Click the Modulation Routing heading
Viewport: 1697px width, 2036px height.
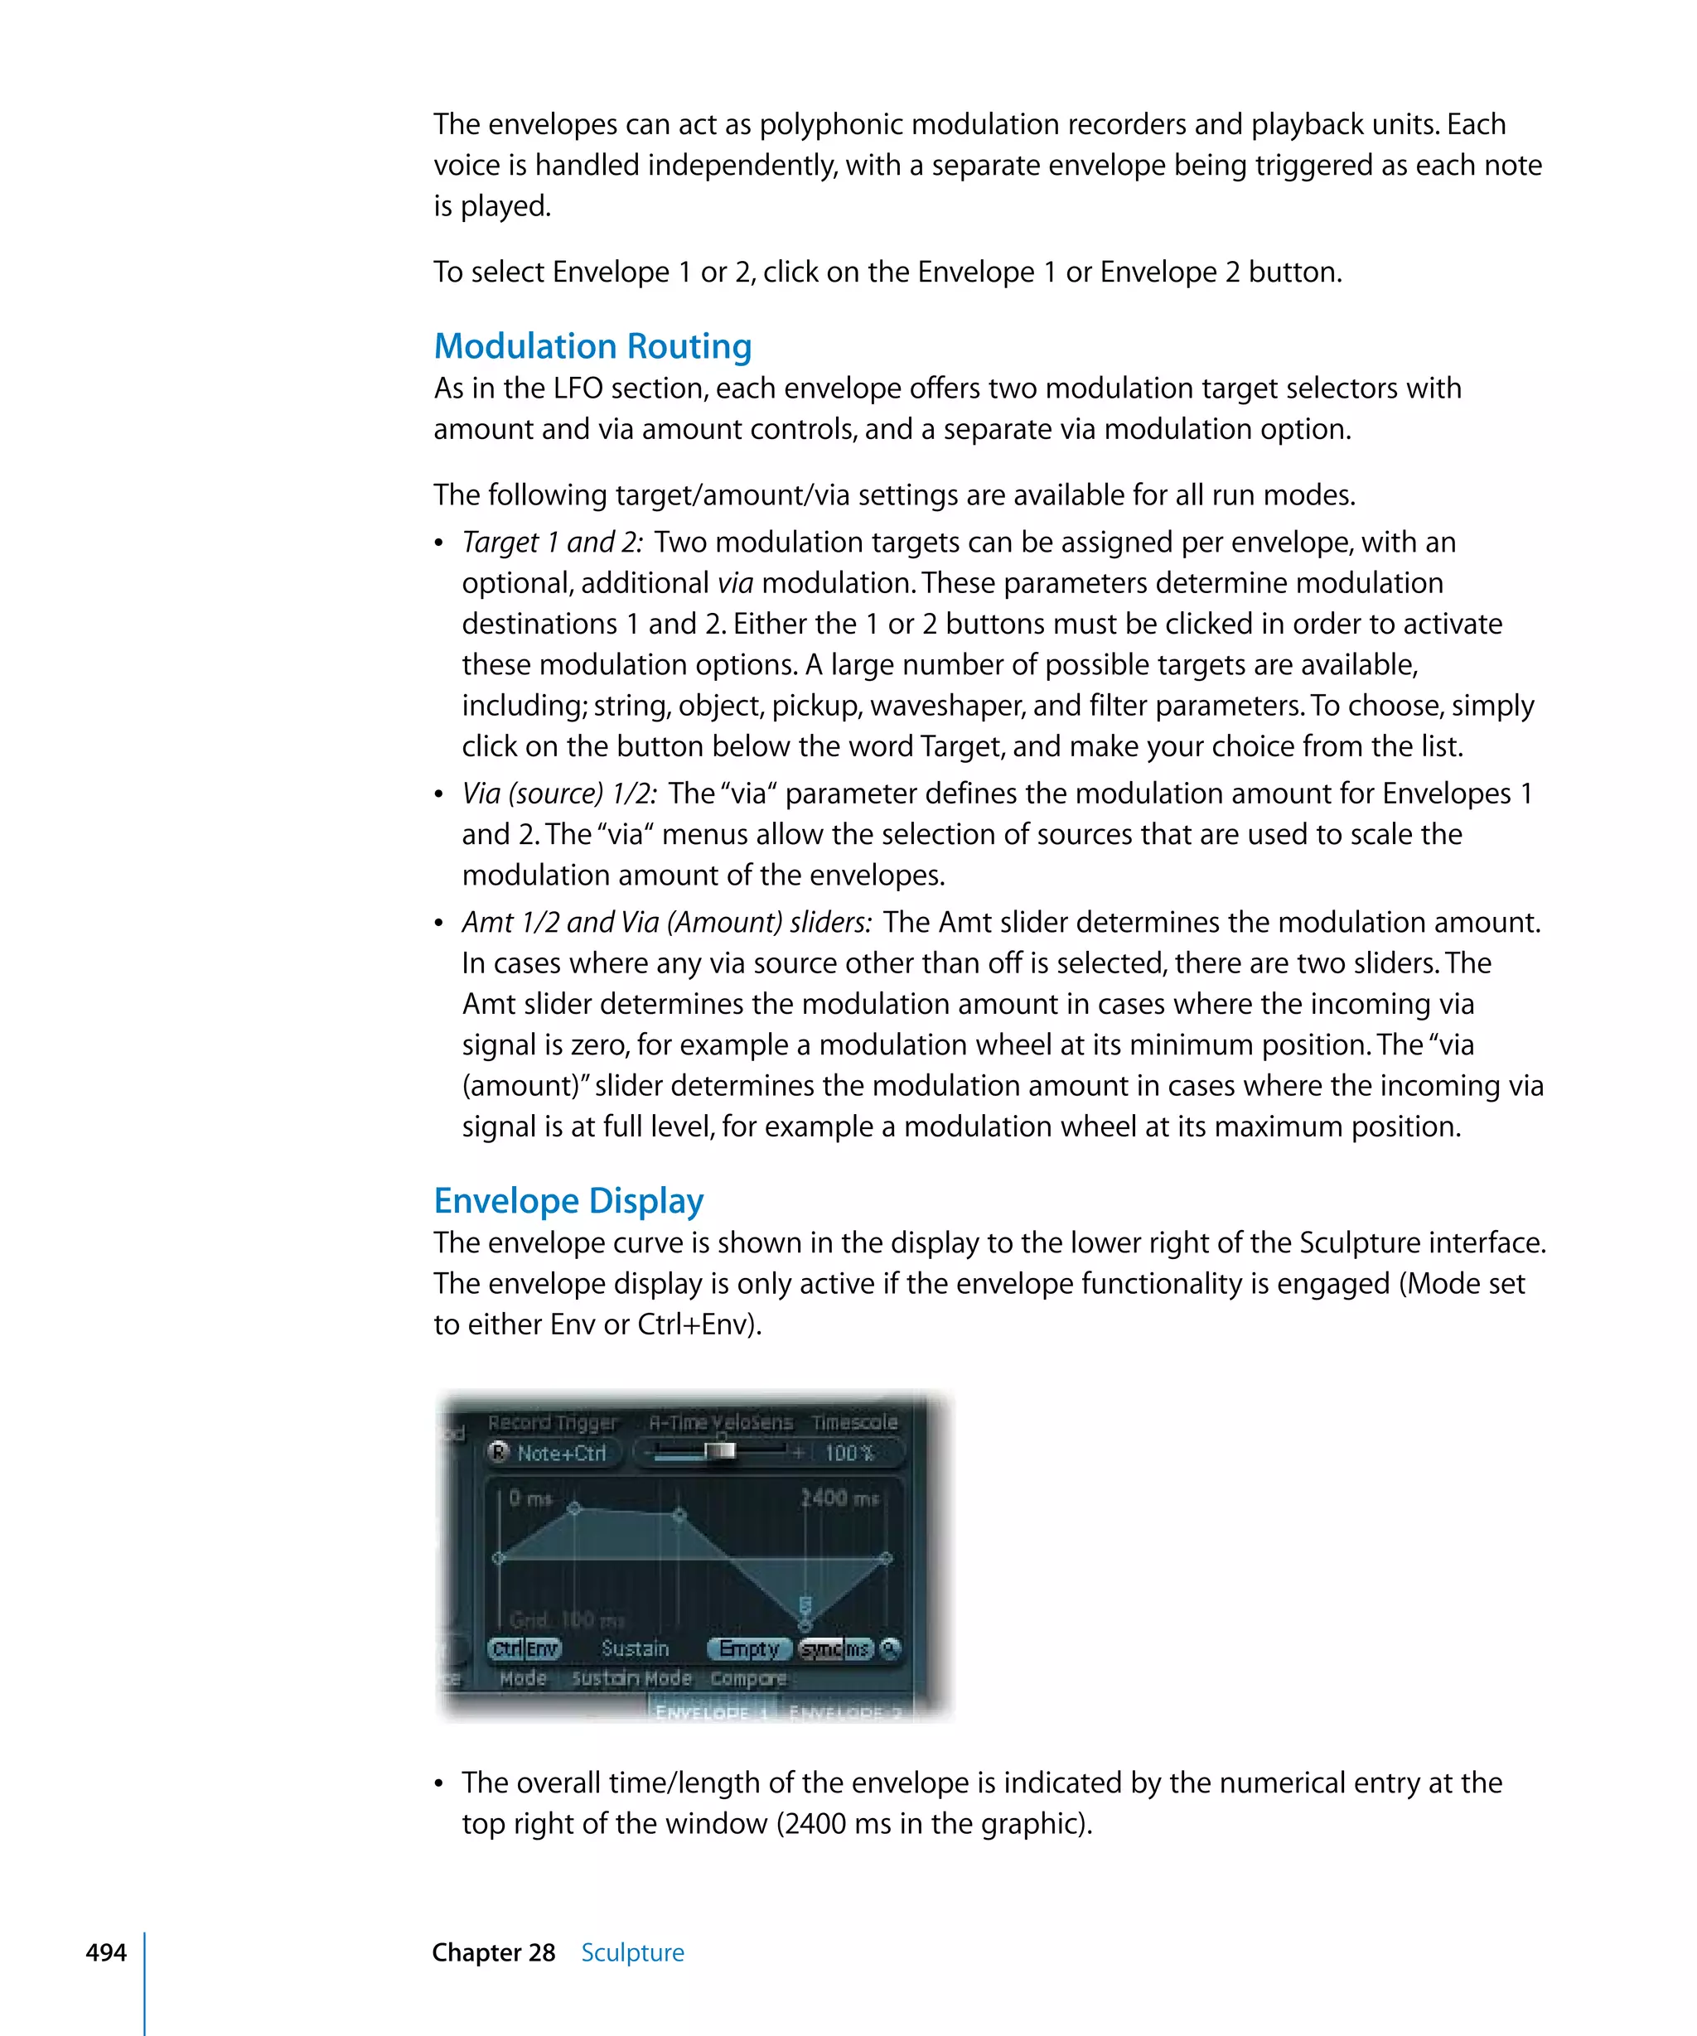pyautogui.click(x=592, y=346)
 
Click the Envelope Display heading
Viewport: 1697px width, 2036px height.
pyautogui.click(x=568, y=1200)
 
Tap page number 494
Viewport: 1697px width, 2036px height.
pyautogui.click(x=106, y=1952)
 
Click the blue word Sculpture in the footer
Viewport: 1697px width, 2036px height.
pyautogui.click(x=632, y=1952)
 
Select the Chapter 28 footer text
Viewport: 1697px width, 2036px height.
pyautogui.click(x=494, y=1952)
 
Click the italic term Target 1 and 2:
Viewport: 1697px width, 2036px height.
pyautogui.click(x=552, y=542)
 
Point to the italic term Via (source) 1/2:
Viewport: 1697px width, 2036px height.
pyautogui.click(x=559, y=793)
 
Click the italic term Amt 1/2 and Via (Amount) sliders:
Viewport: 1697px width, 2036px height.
pyautogui.click(x=667, y=922)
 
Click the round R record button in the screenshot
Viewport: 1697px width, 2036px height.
pyautogui.click(x=499, y=1451)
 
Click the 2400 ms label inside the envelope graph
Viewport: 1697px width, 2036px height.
pyautogui.click(x=839, y=1498)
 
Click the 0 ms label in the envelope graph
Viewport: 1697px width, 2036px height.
pyautogui.click(x=530, y=1498)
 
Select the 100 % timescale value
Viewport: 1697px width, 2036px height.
pyautogui.click(x=849, y=1452)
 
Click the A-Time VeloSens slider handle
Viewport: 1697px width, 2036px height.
pyautogui.click(x=719, y=1450)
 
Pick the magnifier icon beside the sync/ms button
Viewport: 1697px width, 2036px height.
pyautogui.click(x=890, y=1648)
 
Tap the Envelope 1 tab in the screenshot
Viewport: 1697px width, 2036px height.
pyautogui.click(x=712, y=1712)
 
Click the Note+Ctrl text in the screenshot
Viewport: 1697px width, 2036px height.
pyautogui.click(x=562, y=1452)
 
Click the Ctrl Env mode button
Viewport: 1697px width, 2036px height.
pyautogui.click(x=525, y=1648)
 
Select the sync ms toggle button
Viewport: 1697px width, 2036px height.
pyautogui.click(x=835, y=1648)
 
